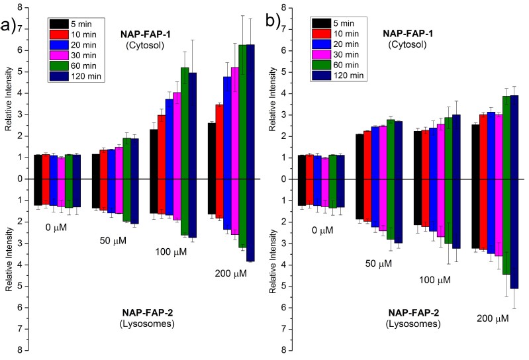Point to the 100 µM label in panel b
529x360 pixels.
(x=434, y=280)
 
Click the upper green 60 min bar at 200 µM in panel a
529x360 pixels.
(x=242, y=112)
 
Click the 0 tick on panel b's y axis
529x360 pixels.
(x=282, y=179)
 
